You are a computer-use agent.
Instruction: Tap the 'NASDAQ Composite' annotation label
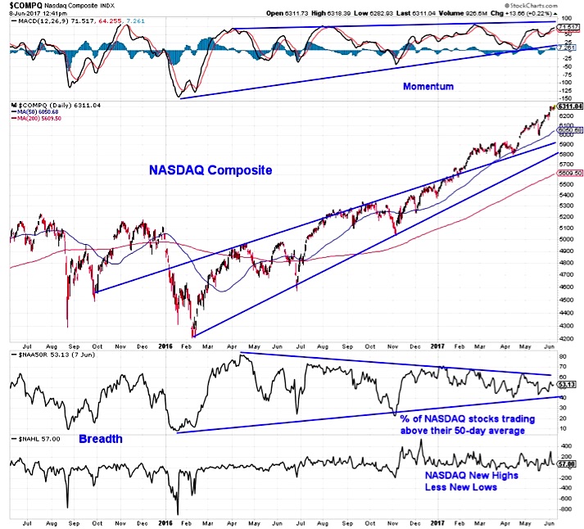pyautogui.click(x=210, y=170)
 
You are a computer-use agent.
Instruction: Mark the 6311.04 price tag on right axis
pyautogui.click(x=568, y=106)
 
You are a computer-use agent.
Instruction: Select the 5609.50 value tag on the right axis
pyautogui.click(x=568, y=174)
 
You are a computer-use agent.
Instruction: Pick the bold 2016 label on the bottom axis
pyautogui.click(x=165, y=521)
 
